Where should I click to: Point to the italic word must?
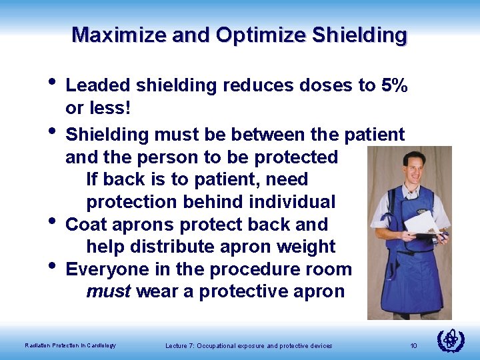[x=108, y=292]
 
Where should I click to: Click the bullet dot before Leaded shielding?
[x=53, y=83]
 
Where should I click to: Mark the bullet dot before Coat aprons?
[x=53, y=221]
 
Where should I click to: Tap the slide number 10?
[x=413, y=345]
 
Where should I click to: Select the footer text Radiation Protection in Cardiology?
[x=70, y=345]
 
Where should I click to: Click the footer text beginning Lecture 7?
[x=248, y=345]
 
